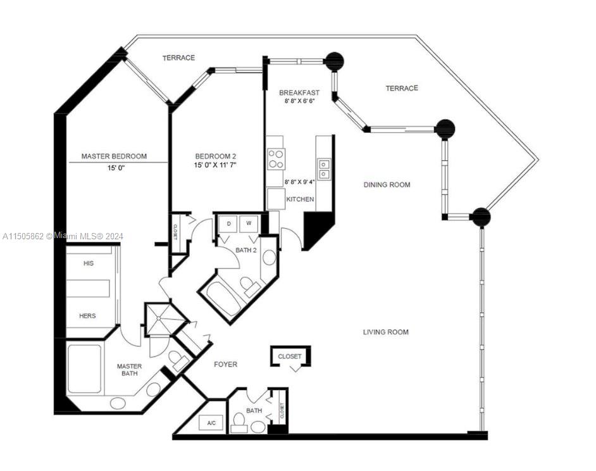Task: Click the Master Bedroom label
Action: (x=114, y=156)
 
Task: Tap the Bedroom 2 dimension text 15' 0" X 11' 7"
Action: (x=215, y=165)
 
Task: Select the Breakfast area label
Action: (x=299, y=92)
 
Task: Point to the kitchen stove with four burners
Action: (x=276, y=159)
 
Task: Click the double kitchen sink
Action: (x=324, y=169)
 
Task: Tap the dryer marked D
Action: (x=229, y=223)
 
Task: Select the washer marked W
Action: (x=249, y=223)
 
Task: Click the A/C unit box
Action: (x=212, y=423)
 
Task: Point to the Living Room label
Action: (x=386, y=332)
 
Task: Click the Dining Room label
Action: (x=387, y=185)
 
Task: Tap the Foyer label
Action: (x=225, y=365)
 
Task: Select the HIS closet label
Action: (x=89, y=263)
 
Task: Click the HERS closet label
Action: (x=87, y=316)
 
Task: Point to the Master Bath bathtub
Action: (x=85, y=368)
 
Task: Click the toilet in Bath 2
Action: (x=249, y=286)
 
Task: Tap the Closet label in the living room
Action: (x=290, y=356)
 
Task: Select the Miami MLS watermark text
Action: (x=63, y=236)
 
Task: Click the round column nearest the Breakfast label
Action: (x=335, y=61)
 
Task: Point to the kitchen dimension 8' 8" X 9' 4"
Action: (x=300, y=182)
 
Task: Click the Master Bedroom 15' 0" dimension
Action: (x=116, y=168)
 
